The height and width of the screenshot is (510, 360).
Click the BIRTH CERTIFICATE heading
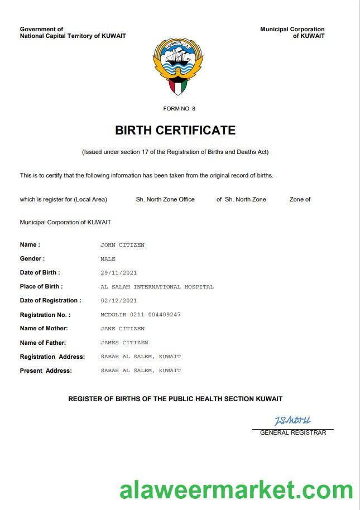pos(175,131)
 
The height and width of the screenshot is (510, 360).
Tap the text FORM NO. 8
pos(179,109)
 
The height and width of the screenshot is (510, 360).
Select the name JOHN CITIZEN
pos(122,245)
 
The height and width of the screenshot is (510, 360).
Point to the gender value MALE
pos(108,259)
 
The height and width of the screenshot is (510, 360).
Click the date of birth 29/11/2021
pos(118,273)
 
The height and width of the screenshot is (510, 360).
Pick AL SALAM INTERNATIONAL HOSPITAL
pos(157,287)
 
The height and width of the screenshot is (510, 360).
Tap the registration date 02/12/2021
pos(118,301)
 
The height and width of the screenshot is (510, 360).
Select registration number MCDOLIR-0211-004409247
pos(141,315)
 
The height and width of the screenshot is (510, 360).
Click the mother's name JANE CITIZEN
pos(122,329)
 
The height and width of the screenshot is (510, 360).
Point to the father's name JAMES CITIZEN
pos(124,343)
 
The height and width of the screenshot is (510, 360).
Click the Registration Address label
pos(52,357)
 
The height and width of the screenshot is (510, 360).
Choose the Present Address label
pos(46,371)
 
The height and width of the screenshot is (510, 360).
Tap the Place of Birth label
pos(41,287)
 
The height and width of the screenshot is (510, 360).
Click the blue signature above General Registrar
pos(292,420)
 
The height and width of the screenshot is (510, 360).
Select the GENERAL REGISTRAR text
pos(293,432)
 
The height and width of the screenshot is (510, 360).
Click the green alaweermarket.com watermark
pos(236,490)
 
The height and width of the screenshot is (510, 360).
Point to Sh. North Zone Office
pos(165,199)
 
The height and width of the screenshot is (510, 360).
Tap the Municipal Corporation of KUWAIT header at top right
pos(292,32)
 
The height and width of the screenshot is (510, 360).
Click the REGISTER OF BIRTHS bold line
pos(175,399)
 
